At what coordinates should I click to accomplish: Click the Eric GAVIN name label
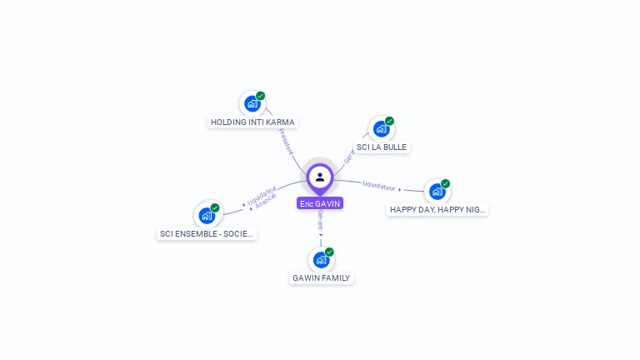pyautogui.click(x=320, y=203)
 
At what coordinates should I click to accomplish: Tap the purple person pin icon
pyautogui.click(x=320, y=177)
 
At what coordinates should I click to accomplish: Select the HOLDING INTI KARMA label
pyautogui.click(x=252, y=122)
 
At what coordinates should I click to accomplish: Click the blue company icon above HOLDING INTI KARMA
pyautogui.click(x=252, y=104)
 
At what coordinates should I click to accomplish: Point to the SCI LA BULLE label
pyautogui.click(x=382, y=147)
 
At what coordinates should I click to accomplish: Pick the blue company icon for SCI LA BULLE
pyautogui.click(x=381, y=129)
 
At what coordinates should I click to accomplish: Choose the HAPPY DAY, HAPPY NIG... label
pyautogui.click(x=437, y=209)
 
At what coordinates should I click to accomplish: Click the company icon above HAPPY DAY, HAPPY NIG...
pyautogui.click(x=437, y=192)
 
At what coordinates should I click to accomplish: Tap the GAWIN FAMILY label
pyautogui.click(x=322, y=277)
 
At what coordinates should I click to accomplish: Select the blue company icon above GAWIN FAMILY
pyautogui.click(x=321, y=260)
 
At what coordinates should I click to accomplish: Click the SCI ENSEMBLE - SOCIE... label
pyautogui.click(x=207, y=233)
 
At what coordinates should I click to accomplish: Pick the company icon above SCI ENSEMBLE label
pyautogui.click(x=207, y=216)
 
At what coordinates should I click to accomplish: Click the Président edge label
pyautogui.click(x=286, y=141)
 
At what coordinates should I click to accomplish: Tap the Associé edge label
pyautogui.click(x=266, y=201)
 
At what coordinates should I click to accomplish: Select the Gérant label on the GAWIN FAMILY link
pyautogui.click(x=320, y=220)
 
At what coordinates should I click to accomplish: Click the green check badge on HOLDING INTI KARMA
pyautogui.click(x=260, y=96)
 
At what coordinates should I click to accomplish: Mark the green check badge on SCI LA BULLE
pyautogui.click(x=389, y=121)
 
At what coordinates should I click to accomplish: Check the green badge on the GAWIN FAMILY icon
pyautogui.click(x=329, y=252)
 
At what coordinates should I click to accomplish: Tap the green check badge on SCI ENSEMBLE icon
pyautogui.click(x=215, y=207)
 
